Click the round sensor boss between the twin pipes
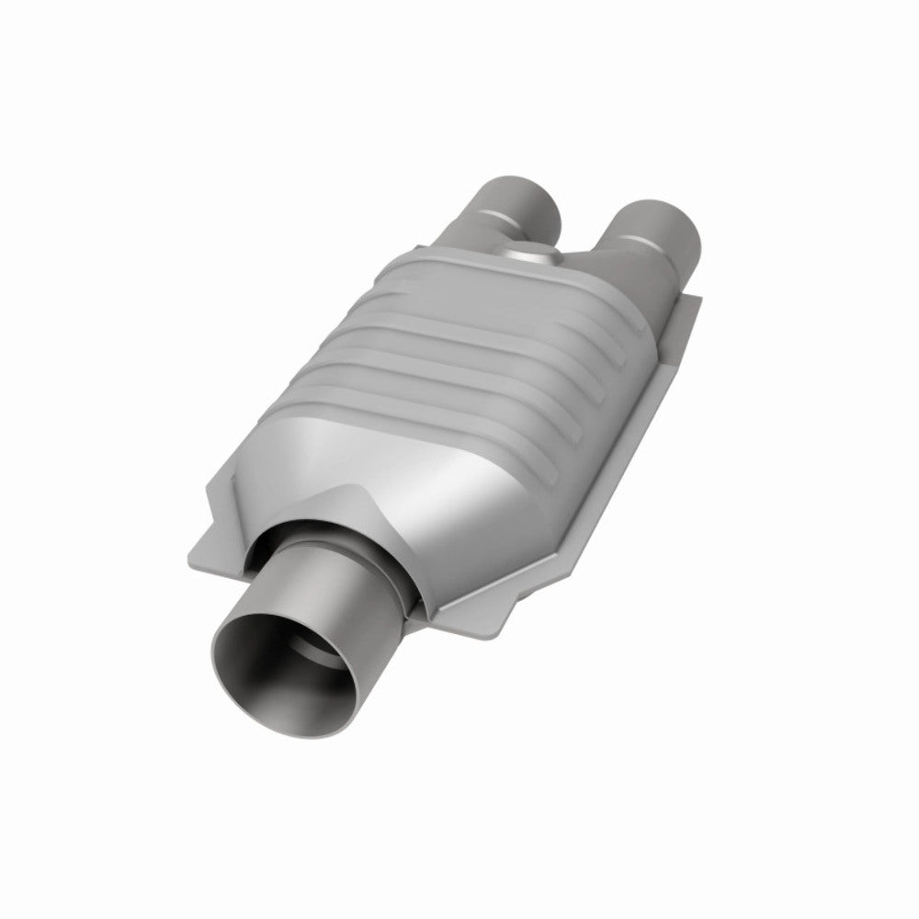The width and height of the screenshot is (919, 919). click(530, 254)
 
